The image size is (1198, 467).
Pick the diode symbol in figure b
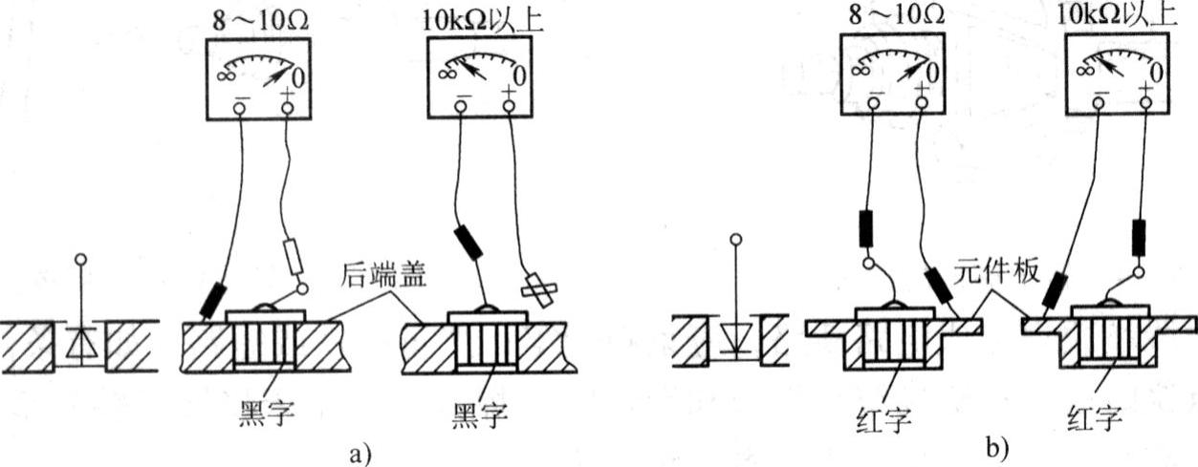(733, 338)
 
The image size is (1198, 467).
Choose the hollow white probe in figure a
(296, 256)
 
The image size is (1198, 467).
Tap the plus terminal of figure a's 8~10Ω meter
(288, 108)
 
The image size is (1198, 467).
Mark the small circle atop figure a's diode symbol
(83, 259)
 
